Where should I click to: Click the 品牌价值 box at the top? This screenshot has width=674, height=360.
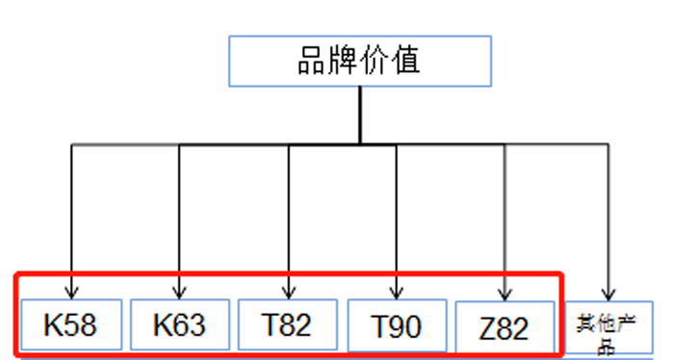(x=360, y=61)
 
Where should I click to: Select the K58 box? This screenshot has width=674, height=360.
(x=70, y=324)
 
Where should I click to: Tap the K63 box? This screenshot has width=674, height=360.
(x=179, y=324)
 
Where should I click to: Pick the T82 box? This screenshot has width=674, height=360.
(x=287, y=324)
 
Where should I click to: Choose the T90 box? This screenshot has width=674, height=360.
(x=397, y=327)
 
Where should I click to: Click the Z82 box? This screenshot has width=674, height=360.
(x=504, y=329)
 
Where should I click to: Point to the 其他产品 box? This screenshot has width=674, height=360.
(x=608, y=332)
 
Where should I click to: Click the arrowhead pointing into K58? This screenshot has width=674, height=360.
(x=71, y=289)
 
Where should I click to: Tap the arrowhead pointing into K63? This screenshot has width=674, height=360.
(x=179, y=289)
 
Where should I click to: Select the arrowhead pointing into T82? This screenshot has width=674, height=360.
(x=288, y=289)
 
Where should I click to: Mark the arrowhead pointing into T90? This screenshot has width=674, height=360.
(x=397, y=289)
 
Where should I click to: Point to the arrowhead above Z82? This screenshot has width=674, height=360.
(x=505, y=292)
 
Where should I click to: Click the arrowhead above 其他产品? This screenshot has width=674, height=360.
(x=608, y=292)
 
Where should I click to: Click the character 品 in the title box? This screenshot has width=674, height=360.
(x=312, y=61)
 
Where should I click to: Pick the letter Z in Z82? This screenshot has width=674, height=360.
(x=487, y=329)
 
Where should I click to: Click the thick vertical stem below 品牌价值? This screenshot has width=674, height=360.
(x=360, y=116)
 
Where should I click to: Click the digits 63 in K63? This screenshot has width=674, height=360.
(x=190, y=324)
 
